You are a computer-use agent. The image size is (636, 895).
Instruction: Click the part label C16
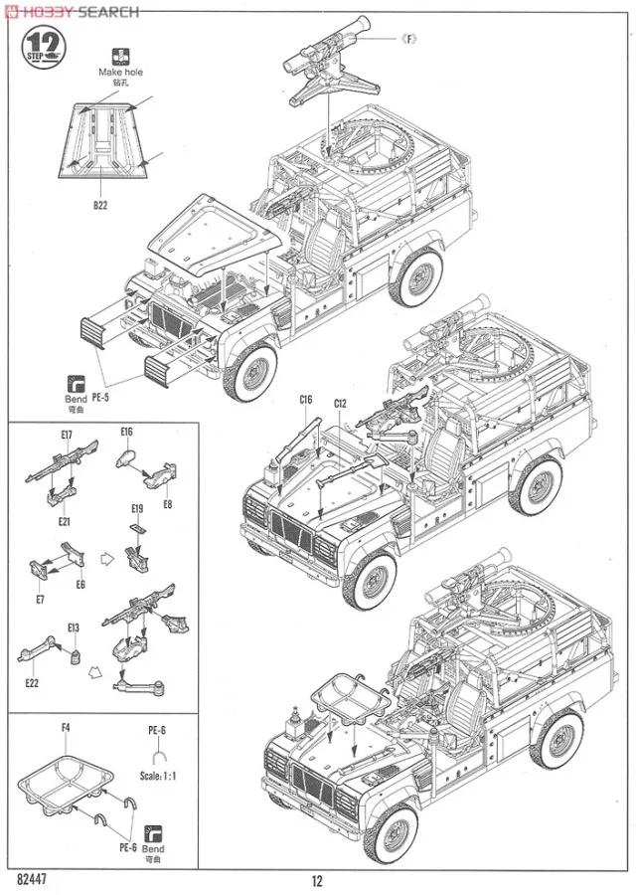(305, 400)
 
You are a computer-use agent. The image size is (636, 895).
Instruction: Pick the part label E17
(67, 434)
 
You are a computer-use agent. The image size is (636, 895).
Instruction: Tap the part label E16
(126, 432)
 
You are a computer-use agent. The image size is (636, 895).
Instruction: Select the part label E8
(167, 503)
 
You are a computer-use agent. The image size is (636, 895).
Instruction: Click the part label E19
(138, 509)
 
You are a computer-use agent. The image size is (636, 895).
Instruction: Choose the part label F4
(66, 729)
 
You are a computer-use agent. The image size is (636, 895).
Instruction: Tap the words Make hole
(120, 73)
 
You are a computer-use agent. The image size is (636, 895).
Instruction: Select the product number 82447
(35, 879)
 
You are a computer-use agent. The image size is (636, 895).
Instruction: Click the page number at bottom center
(317, 880)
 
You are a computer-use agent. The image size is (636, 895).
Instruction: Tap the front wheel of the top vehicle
(249, 369)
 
